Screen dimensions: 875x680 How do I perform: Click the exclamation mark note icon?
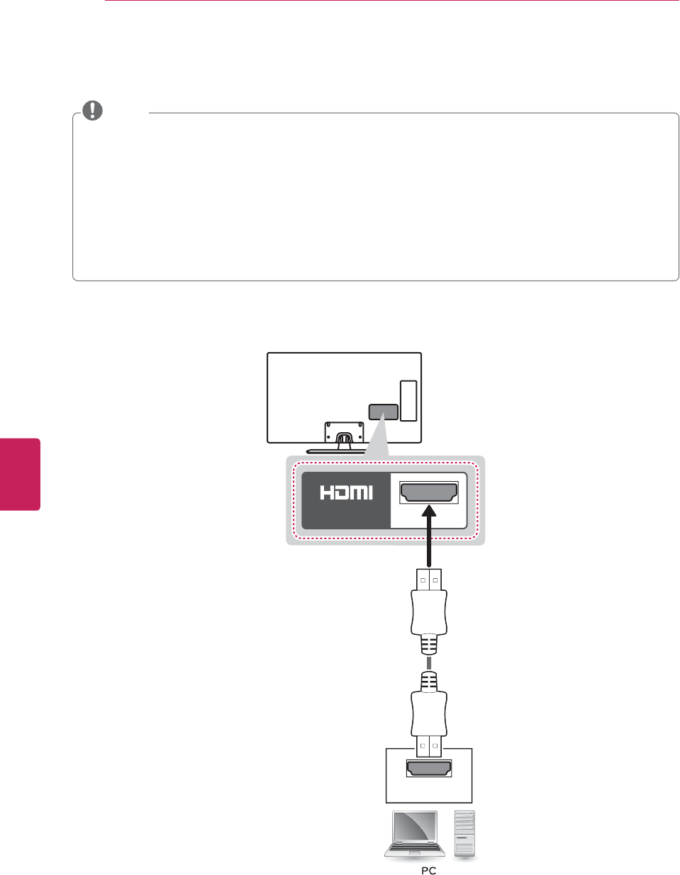pos(93,111)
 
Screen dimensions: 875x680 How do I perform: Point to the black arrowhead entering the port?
pos(429,512)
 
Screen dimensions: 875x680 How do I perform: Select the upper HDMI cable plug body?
pos(429,613)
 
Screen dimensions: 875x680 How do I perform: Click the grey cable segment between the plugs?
pos(429,663)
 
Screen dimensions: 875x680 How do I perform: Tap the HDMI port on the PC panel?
pos(429,767)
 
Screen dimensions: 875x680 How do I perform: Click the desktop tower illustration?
pos(464,835)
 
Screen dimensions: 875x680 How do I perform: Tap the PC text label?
pos(429,870)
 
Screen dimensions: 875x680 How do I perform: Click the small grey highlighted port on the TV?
pos(383,412)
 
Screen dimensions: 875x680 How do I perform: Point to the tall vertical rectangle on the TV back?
pos(408,400)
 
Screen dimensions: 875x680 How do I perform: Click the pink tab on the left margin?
pos(20,474)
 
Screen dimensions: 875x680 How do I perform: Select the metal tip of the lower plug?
pos(429,747)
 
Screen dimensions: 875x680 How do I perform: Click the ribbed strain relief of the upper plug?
pos(429,644)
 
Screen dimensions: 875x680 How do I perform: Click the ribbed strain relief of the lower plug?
pos(429,682)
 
